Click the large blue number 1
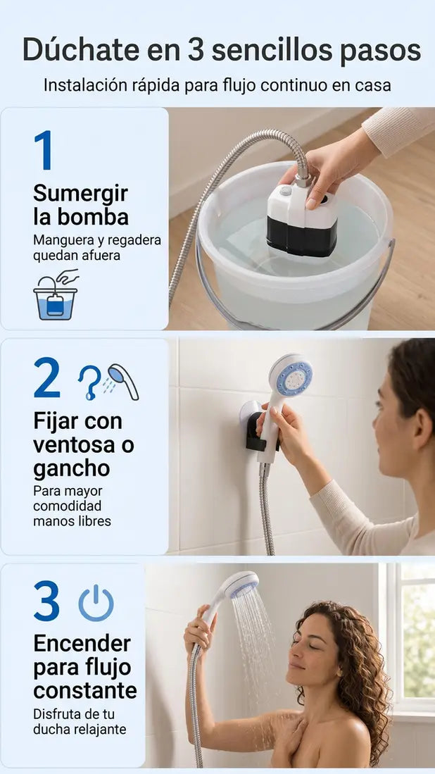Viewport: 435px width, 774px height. (x=44, y=150)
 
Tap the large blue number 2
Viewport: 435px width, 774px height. (x=47, y=377)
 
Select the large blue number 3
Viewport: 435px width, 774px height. (x=47, y=601)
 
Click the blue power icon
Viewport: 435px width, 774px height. (x=96, y=603)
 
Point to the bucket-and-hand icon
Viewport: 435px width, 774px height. (x=56, y=294)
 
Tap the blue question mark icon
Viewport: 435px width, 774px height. (x=89, y=382)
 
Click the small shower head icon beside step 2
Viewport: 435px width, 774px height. (x=124, y=381)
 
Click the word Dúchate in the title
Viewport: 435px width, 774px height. (x=82, y=50)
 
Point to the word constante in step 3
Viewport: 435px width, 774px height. (x=85, y=691)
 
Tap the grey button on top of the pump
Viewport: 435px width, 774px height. (x=285, y=191)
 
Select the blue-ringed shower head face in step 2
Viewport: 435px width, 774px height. (x=294, y=379)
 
